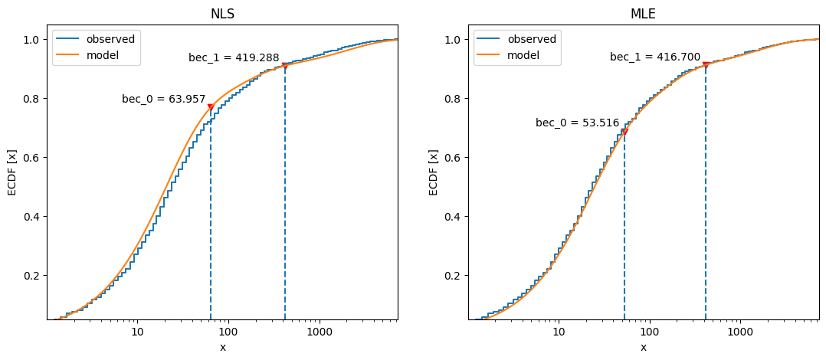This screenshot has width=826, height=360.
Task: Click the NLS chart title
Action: click(x=222, y=14)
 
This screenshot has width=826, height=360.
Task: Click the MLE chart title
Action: click(x=643, y=14)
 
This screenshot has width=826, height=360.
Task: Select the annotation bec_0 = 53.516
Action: click(x=577, y=123)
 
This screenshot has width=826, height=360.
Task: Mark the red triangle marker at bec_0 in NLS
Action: click(x=211, y=107)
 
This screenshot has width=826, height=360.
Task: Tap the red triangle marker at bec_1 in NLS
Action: click(x=285, y=66)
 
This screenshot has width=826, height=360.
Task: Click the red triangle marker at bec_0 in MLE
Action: click(x=624, y=132)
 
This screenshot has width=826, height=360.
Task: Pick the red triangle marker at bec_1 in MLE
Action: click(x=706, y=65)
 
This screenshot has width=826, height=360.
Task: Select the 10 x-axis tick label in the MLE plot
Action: click(x=559, y=331)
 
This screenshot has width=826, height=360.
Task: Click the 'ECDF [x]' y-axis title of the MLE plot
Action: click(x=434, y=172)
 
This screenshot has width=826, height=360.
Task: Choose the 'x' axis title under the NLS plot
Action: click(x=222, y=347)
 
